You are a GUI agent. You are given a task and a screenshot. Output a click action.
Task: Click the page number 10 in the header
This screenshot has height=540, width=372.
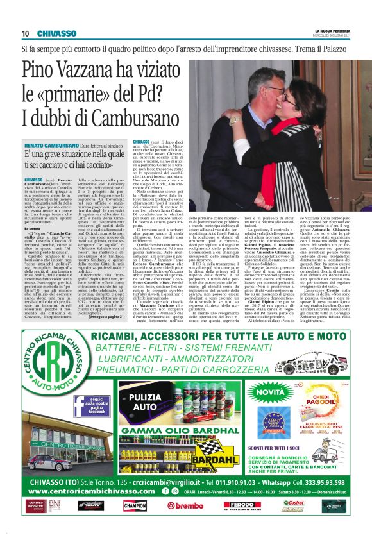pyautogui.click(x=25, y=33)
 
